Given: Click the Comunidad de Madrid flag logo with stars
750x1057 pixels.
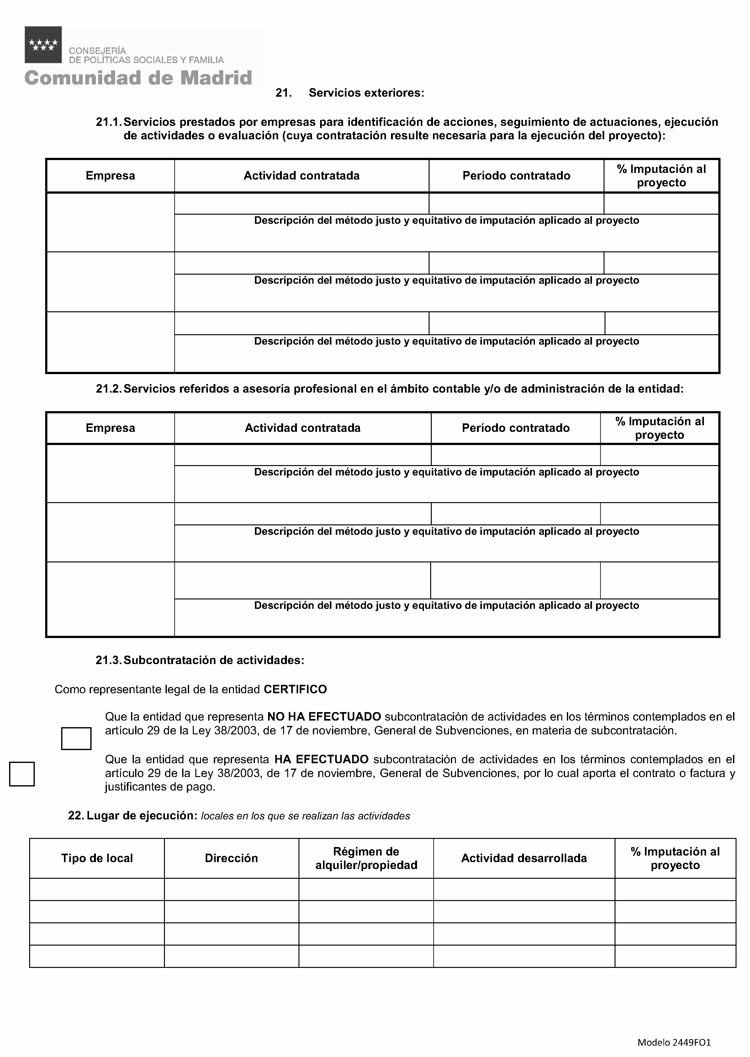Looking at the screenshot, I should pyautogui.click(x=43, y=45).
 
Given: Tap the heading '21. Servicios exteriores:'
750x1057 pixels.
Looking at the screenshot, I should pyautogui.click(x=350, y=93).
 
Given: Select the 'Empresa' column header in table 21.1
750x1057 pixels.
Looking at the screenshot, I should pyautogui.click(x=110, y=176).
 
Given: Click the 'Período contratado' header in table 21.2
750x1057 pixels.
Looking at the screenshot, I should pyautogui.click(x=515, y=428).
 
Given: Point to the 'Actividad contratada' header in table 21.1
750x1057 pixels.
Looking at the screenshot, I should pyautogui.click(x=302, y=176).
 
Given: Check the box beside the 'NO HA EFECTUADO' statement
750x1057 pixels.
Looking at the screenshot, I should pyautogui.click(x=76, y=738).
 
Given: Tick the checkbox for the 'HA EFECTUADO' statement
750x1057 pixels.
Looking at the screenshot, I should pyautogui.click(x=22, y=774).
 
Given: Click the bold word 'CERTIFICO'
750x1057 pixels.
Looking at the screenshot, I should pyautogui.click(x=295, y=689).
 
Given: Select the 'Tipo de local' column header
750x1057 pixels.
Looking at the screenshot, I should pyautogui.click(x=97, y=858).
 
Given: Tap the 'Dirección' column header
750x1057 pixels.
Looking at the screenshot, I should pyautogui.click(x=231, y=858).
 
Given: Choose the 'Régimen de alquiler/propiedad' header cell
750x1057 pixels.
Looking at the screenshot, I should pyautogui.click(x=366, y=858).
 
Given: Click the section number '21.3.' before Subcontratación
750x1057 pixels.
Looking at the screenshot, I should pyautogui.click(x=108, y=660).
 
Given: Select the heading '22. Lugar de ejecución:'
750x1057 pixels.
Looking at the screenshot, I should pyautogui.click(x=133, y=816).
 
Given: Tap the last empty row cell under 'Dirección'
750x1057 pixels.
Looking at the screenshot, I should pyautogui.click(x=231, y=956).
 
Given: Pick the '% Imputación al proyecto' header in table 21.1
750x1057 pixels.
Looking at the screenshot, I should pyautogui.click(x=661, y=176).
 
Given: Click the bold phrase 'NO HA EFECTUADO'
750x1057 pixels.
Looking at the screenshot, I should pyautogui.click(x=324, y=717).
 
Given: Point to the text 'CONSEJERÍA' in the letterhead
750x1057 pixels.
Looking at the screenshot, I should pyautogui.click(x=98, y=51).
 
